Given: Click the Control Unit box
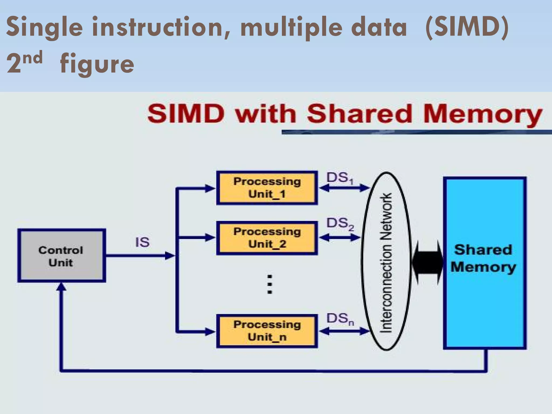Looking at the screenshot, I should click(61, 256).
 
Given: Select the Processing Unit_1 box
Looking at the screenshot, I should click(267, 188).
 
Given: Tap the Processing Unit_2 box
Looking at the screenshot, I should click(267, 238).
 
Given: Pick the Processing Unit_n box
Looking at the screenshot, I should click(267, 331).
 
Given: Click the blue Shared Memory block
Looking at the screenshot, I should click(485, 297).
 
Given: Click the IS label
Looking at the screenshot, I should click(142, 242).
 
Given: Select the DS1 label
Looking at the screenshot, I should click(340, 178).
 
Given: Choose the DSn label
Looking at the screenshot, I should click(340, 319).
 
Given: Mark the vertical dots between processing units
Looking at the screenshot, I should click(270, 284).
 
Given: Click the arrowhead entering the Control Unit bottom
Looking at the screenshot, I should click(61, 287).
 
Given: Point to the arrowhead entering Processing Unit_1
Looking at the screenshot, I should click(210, 188).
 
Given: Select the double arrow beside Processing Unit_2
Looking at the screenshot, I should click(340, 238).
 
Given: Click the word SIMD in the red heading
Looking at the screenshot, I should click(186, 114).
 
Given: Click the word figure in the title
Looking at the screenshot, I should click(97, 64).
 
